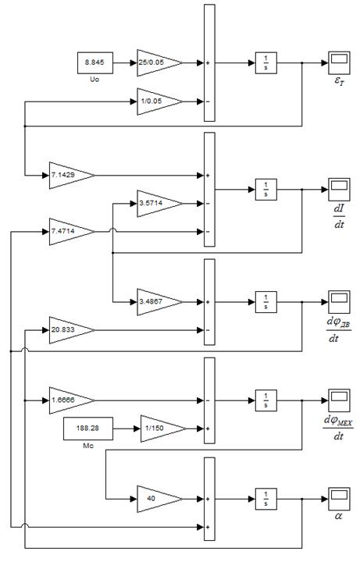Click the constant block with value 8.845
click(x=95, y=62)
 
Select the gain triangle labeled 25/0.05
click(x=159, y=62)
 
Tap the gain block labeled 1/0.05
click(x=159, y=101)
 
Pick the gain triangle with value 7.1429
click(x=72, y=176)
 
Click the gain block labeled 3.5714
click(x=159, y=203)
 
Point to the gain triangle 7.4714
click(x=72, y=232)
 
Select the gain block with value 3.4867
click(x=159, y=302)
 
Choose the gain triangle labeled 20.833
click(x=72, y=329)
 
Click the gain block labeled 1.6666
click(x=72, y=400)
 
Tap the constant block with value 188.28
click(x=88, y=429)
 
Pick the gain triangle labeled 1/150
click(x=163, y=429)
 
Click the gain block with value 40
click(x=159, y=499)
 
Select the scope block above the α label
click(x=339, y=499)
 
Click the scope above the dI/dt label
click(x=339, y=189)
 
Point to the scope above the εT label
click(x=339, y=62)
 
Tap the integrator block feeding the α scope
click(x=266, y=499)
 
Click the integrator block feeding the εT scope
click(x=266, y=62)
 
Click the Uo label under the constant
click(x=94, y=79)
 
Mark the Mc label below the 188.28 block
click(x=88, y=446)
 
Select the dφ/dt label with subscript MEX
click(x=338, y=428)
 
